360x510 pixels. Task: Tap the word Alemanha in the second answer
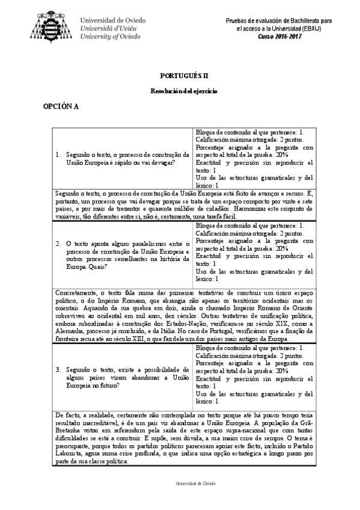(x=70, y=330)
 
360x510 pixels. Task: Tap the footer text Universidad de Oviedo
(x=180, y=484)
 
